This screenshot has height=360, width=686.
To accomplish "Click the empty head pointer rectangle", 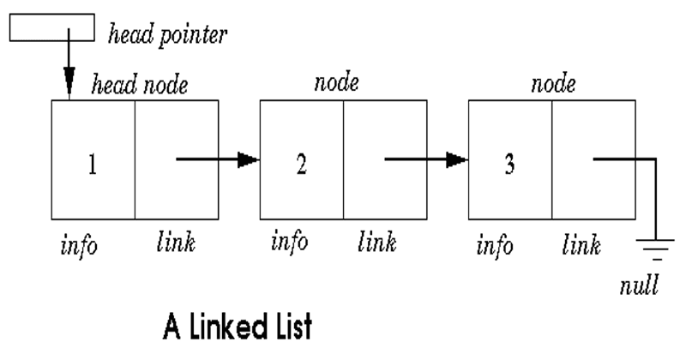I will (x=51, y=29).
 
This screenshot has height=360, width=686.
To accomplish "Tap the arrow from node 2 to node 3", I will (x=425, y=159).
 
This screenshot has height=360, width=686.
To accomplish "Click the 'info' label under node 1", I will (x=79, y=246).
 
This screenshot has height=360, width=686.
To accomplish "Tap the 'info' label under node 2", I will (x=289, y=243).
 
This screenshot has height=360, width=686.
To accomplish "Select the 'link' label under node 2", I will (x=376, y=243).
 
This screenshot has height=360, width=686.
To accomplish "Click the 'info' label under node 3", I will (x=495, y=246).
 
